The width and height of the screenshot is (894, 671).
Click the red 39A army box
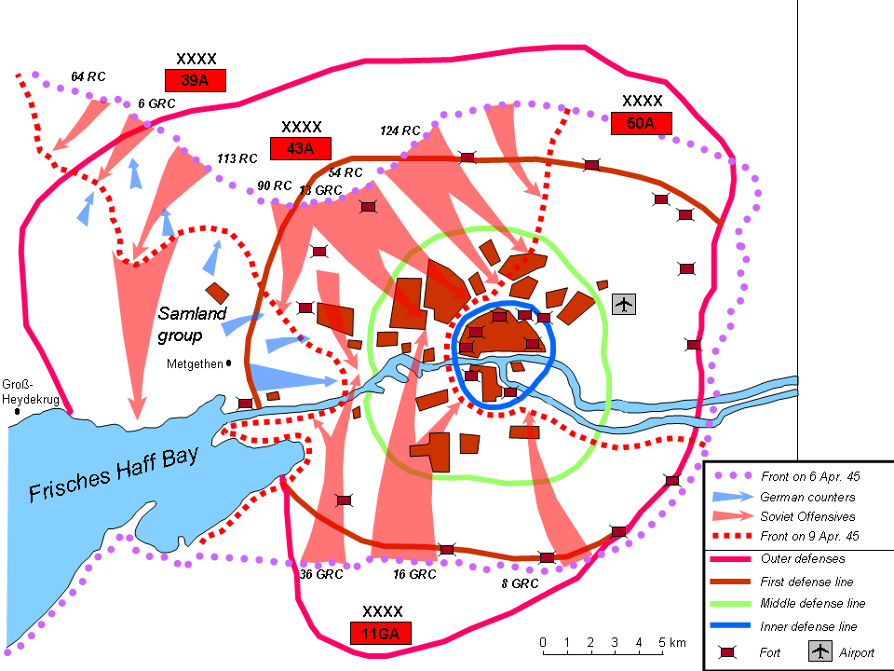tap(196, 80)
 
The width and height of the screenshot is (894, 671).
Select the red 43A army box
tap(301, 147)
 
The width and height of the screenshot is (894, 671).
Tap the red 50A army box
tap(642, 123)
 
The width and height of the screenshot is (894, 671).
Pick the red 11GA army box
tap(381, 635)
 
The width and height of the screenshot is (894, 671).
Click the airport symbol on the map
tap(624, 304)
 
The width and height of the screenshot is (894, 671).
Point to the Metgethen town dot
tap(229, 363)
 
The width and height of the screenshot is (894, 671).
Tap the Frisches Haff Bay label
tap(115, 473)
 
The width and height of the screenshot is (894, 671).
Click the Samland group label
tap(192, 324)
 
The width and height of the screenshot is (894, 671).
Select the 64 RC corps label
tap(88, 76)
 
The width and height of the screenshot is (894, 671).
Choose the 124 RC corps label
tap(400, 130)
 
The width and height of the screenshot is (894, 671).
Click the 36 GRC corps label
tap(321, 574)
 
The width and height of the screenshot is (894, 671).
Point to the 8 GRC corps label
tap(520, 583)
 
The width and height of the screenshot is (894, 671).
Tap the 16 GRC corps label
tap(414, 574)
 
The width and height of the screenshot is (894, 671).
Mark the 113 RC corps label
tap(237, 158)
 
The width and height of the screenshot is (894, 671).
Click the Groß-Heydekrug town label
tap(30, 391)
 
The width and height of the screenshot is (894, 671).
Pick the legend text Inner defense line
tap(808, 626)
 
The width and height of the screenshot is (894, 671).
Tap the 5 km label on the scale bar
tap(672, 643)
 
